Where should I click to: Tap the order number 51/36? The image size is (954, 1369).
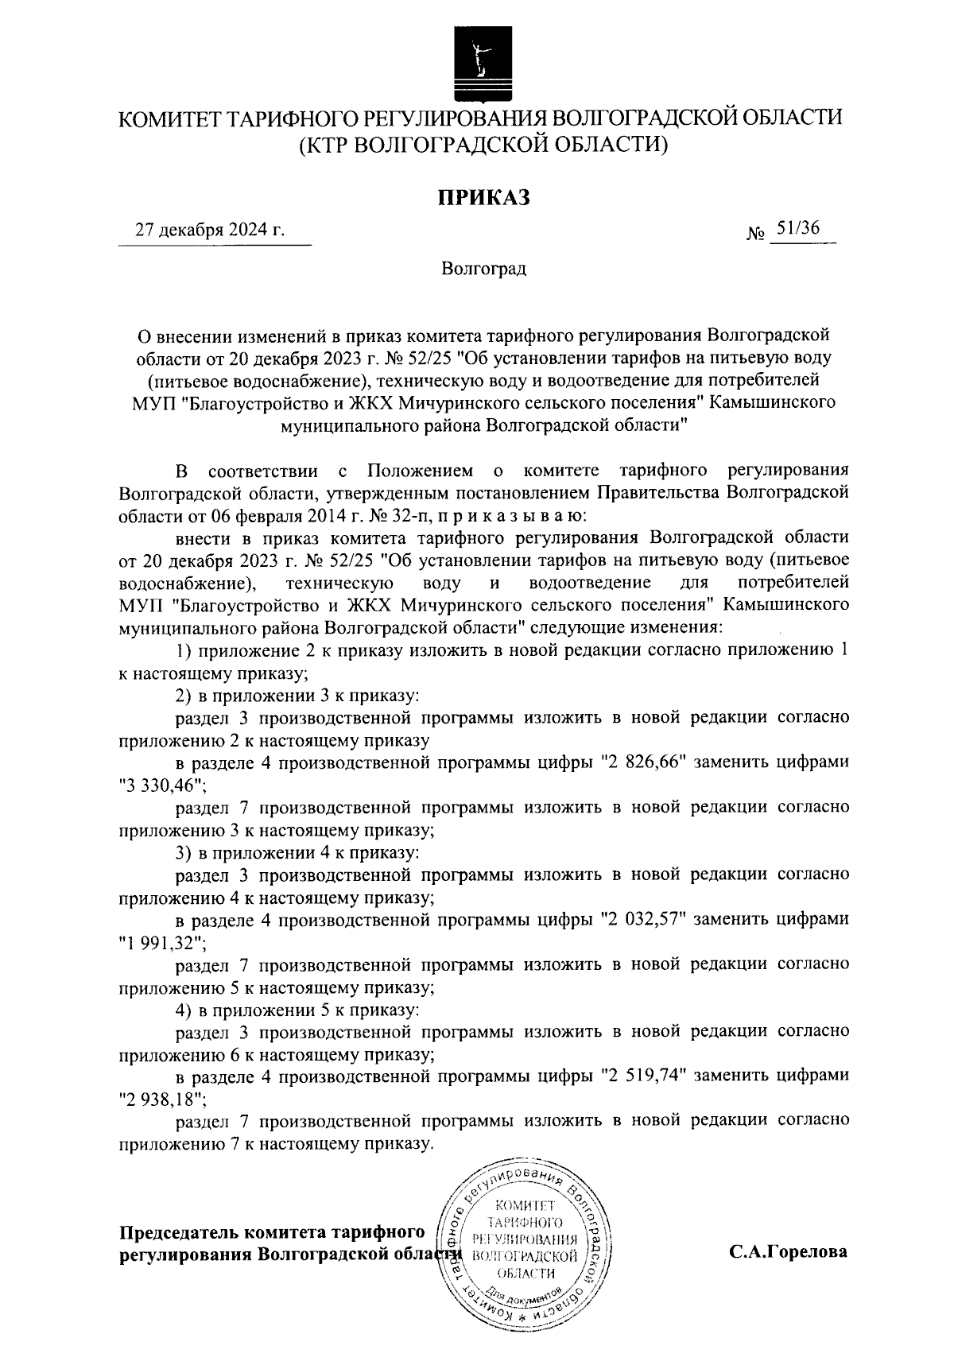click(798, 229)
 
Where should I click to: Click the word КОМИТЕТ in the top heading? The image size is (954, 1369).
click(167, 120)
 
